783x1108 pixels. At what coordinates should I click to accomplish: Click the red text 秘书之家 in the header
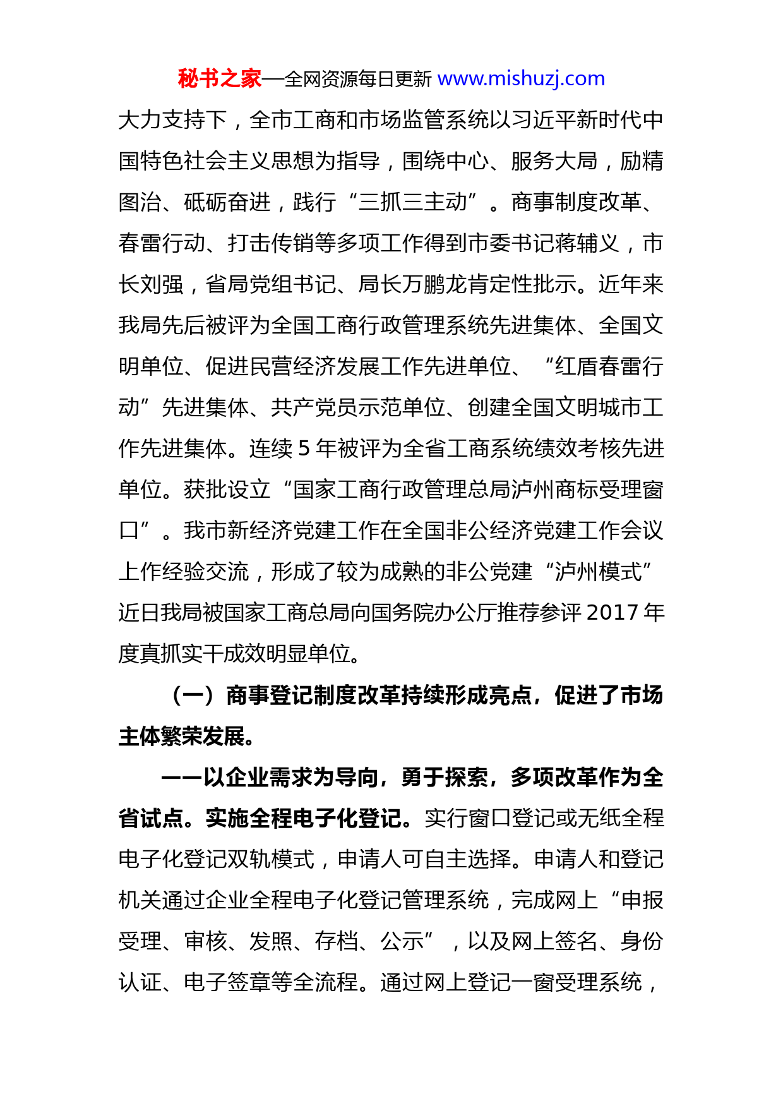[x=219, y=79]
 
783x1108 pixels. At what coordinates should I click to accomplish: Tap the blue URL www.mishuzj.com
[x=521, y=79]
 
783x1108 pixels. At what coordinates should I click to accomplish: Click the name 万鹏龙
[x=435, y=284]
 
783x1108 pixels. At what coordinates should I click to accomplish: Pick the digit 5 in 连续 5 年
[x=304, y=449]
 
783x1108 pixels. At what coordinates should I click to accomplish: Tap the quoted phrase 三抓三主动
[x=413, y=202]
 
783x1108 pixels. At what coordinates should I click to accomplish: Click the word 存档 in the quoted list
[x=337, y=941]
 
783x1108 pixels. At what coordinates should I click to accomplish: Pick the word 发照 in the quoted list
[x=271, y=941]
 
